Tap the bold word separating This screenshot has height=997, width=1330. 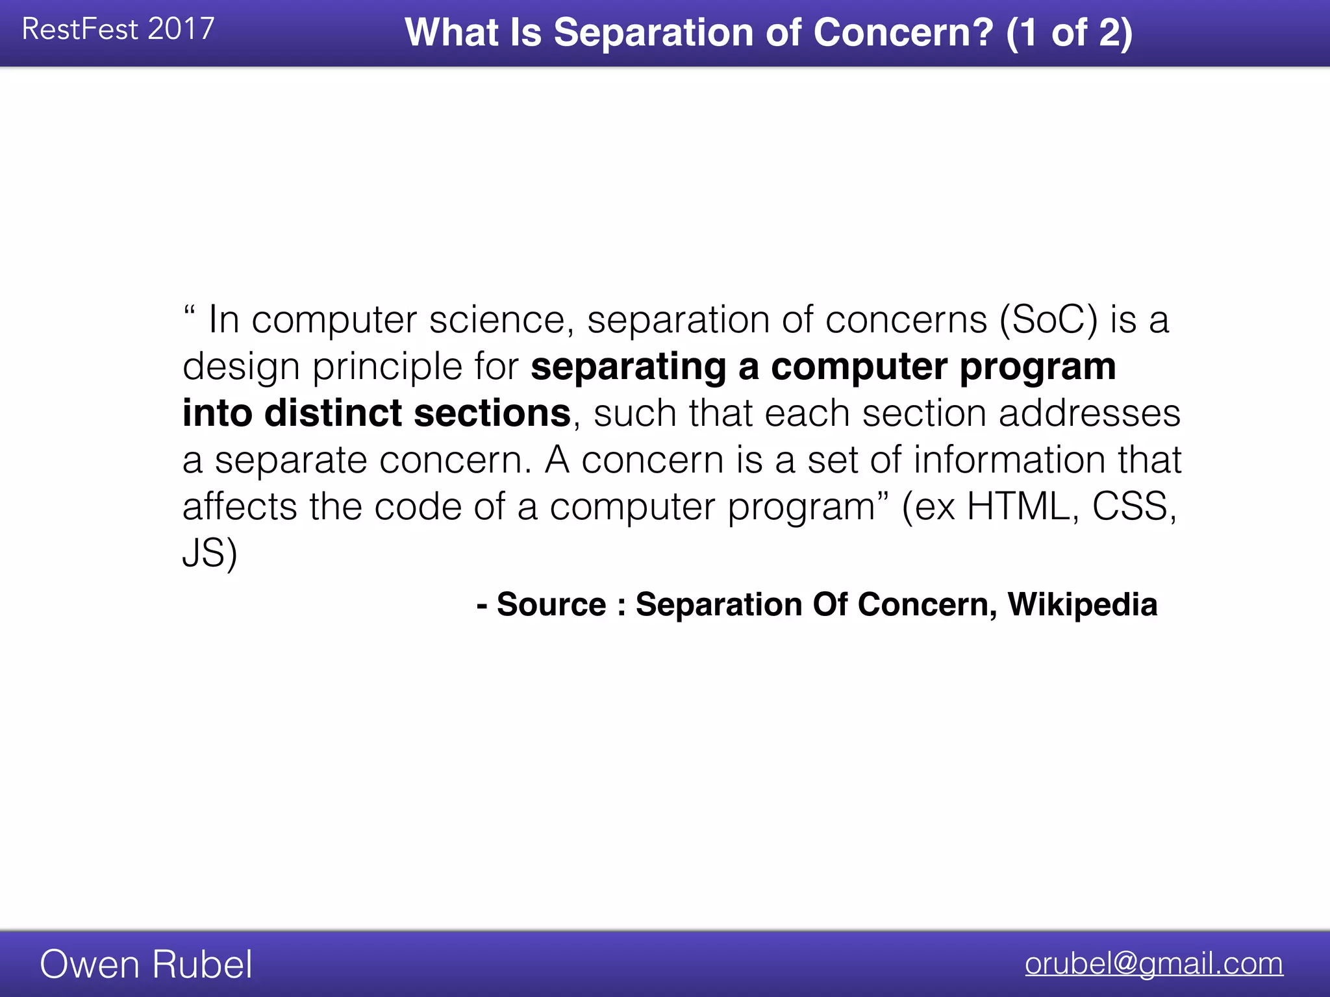pos(628,367)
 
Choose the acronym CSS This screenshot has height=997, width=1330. pos(1134,507)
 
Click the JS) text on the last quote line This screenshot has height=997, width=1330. pos(210,554)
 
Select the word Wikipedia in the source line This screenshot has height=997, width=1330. pos(1083,605)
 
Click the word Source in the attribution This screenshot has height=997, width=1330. pos(551,605)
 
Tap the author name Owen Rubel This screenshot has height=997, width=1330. pos(146,965)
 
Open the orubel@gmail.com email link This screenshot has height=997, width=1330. pos(1154,963)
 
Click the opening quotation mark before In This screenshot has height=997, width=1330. pos(189,310)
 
